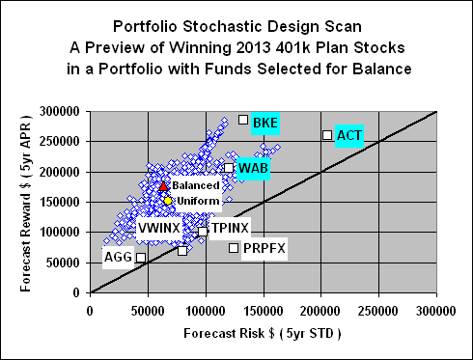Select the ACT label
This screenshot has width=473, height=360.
[x=348, y=136]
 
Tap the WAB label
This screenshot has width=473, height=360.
[x=253, y=168]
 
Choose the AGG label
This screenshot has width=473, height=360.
[x=118, y=258]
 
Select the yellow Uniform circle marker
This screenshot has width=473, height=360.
[x=167, y=201]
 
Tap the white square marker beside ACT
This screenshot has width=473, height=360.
[x=327, y=135]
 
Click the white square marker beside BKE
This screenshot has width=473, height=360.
[x=243, y=120]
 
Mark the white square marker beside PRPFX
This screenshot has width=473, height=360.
[x=234, y=248]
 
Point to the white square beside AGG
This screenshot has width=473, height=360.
[x=141, y=258]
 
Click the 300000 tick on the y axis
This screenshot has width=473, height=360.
[x=64, y=112]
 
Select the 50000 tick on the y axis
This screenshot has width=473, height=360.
[x=67, y=263]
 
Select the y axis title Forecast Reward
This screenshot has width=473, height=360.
[x=18, y=202]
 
